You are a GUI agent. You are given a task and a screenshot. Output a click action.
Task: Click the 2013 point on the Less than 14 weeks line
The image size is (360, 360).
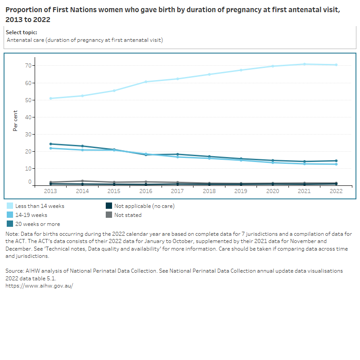(51, 99)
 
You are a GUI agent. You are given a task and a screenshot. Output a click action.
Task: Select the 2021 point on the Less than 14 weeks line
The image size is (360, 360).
(304, 64)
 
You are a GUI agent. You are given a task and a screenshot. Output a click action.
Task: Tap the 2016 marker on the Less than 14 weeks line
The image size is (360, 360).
(146, 82)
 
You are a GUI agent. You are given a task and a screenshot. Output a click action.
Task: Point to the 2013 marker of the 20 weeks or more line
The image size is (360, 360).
(51, 144)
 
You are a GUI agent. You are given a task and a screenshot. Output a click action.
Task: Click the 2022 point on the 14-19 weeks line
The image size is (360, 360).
(336, 164)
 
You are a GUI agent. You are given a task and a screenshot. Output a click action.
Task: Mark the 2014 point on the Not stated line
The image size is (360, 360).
(82, 181)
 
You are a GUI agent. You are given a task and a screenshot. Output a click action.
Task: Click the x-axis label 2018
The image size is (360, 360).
(209, 191)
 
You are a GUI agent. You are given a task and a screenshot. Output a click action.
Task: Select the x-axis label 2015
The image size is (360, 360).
(114, 191)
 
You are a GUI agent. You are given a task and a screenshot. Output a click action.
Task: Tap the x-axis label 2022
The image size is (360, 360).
(336, 191)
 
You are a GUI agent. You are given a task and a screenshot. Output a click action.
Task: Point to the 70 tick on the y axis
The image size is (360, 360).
(28, 66)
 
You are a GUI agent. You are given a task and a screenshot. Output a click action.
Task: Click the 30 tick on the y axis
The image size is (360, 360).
(28, 134)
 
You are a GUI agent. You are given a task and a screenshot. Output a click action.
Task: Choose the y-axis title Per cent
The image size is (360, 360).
(15, 121)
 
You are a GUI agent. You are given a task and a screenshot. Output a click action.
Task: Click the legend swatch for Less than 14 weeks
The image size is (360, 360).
(9, 206)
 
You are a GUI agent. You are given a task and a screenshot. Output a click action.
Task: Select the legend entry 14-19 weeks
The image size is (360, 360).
(31, 215)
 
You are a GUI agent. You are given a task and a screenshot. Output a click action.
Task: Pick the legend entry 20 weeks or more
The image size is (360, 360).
(37, 224)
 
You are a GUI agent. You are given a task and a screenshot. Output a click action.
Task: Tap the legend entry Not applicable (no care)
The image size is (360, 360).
(144, 206)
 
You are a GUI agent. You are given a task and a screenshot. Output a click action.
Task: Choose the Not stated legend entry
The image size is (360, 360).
(128, 215)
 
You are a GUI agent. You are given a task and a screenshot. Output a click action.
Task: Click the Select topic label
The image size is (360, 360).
(21, 32)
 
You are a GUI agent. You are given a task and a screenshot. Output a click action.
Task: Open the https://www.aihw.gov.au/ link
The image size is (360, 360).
(39, 286)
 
